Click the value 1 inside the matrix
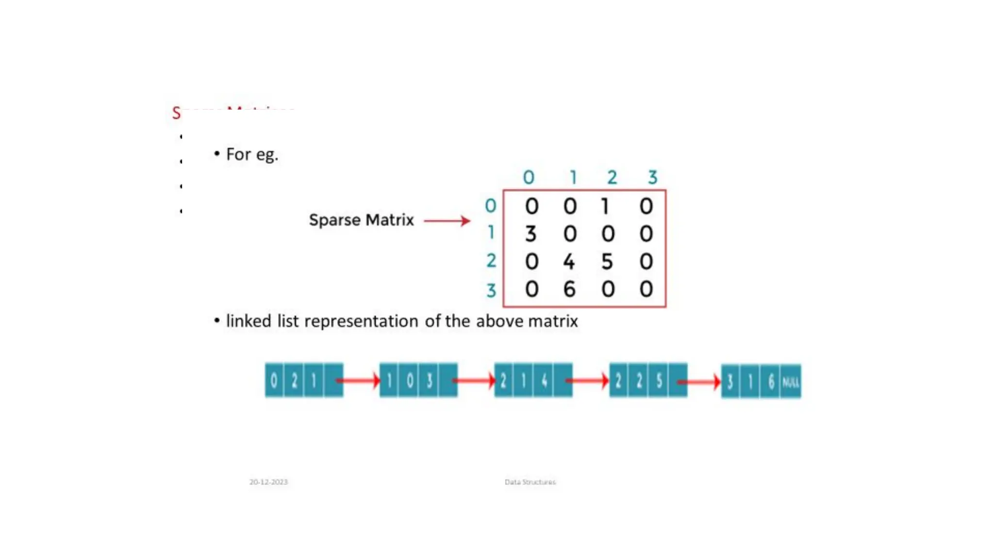[x=605, y=207]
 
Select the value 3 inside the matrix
[x=530, y=234]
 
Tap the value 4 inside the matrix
[x=569, y=262]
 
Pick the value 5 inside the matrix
[x=607, y=262]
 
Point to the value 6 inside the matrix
[x=569, y=290]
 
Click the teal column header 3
[x=653, y=177]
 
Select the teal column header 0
[x=529, y=177]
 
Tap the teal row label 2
[x=491, y=261]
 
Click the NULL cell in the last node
[x=790, y=382]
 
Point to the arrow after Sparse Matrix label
[x=447, y=221]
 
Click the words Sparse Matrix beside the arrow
[x=361, y=220]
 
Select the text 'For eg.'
[x=252, y=154]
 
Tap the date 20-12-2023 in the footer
[x=268, y=482]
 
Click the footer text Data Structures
[x=530, y=482]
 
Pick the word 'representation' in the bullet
[x=361, y=321]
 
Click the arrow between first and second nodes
[x=359, y=380]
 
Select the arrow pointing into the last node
[x=700, y=382]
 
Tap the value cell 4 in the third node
[x=544, y=381]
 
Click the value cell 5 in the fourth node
[x=659, y=381]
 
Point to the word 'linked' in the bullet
[x=248, y=321]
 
